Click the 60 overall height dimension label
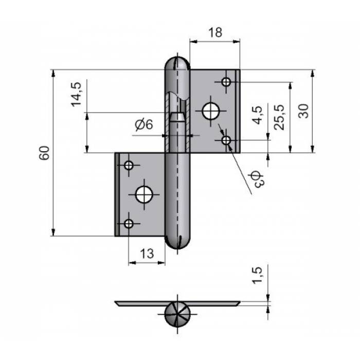(44, 153)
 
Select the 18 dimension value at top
(215, 32)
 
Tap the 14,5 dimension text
(77, 94)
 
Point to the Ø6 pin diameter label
(144, 124)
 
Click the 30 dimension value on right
(303, 111)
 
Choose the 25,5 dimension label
(279, 117)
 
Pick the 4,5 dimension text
(257, 115)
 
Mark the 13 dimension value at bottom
(147, 254)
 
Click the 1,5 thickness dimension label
(257, 276)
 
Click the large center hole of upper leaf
(211, 111)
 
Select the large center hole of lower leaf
(144, 194)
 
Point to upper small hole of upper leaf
(226, 81)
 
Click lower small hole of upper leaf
(226, 140)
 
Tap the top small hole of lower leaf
(129, 165)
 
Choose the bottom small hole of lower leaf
(129, 223)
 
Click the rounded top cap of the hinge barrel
(177, 63)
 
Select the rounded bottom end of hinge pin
(177, 242)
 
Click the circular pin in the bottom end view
(177, 314)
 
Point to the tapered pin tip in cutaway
(177, 117)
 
